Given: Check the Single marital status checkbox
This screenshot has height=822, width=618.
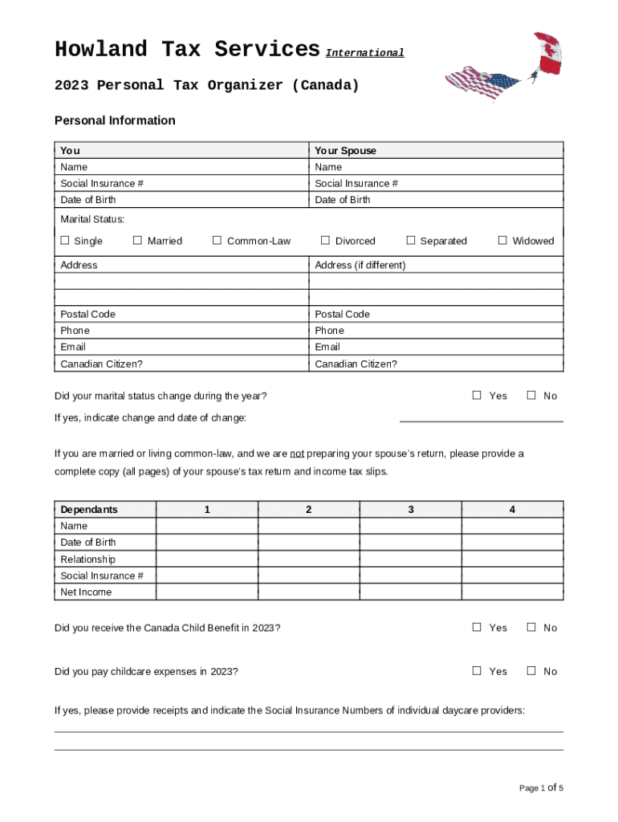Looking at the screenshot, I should point(65,240).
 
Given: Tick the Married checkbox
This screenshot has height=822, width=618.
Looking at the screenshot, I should point(137,240).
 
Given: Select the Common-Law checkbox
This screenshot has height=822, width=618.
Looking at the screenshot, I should point(217,240).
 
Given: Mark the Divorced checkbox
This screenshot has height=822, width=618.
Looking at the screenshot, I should point(325,240).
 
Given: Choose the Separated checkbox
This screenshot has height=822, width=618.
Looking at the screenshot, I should point(411,240).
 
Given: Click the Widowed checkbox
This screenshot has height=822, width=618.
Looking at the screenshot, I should point(502,240).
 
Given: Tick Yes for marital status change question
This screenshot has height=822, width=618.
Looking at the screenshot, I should point(477,395).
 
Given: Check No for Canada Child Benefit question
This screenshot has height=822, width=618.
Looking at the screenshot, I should point(531,627).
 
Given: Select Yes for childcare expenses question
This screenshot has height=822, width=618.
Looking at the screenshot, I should point(477,670).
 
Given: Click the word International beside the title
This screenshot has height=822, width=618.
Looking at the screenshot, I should point(364,53).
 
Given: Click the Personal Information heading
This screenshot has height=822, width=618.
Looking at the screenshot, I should point(115,120).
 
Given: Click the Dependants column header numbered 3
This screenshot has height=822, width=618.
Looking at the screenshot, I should point(410,510).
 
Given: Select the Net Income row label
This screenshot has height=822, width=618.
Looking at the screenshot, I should point(86,592).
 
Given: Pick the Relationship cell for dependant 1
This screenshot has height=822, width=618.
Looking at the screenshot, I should point(207,560).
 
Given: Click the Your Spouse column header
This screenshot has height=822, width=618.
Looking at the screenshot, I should point(345,151).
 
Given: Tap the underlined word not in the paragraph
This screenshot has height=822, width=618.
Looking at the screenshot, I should point(297,454).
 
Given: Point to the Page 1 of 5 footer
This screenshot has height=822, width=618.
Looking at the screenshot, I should point(541,788).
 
